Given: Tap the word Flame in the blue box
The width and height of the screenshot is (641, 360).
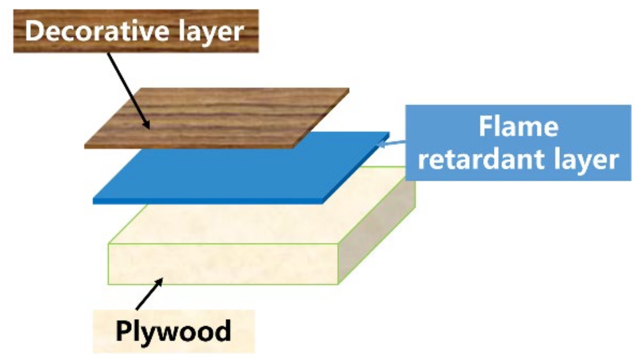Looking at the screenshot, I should [x=518, y=127].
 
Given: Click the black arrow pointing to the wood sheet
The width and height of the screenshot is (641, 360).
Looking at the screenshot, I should [x=128, y=90].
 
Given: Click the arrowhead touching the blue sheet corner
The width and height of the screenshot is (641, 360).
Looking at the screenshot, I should [x=379, y=146].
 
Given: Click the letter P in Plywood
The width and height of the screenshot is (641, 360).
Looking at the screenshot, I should [x=123, y=330].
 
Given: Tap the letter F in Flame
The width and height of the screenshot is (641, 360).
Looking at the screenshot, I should [x=484, y=127].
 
